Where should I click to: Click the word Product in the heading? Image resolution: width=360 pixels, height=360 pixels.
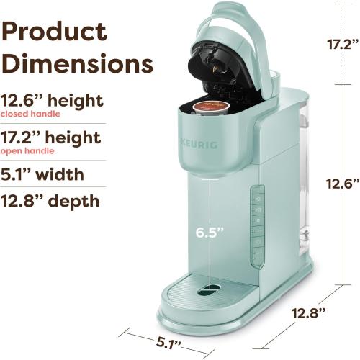[x=55, y=32]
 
